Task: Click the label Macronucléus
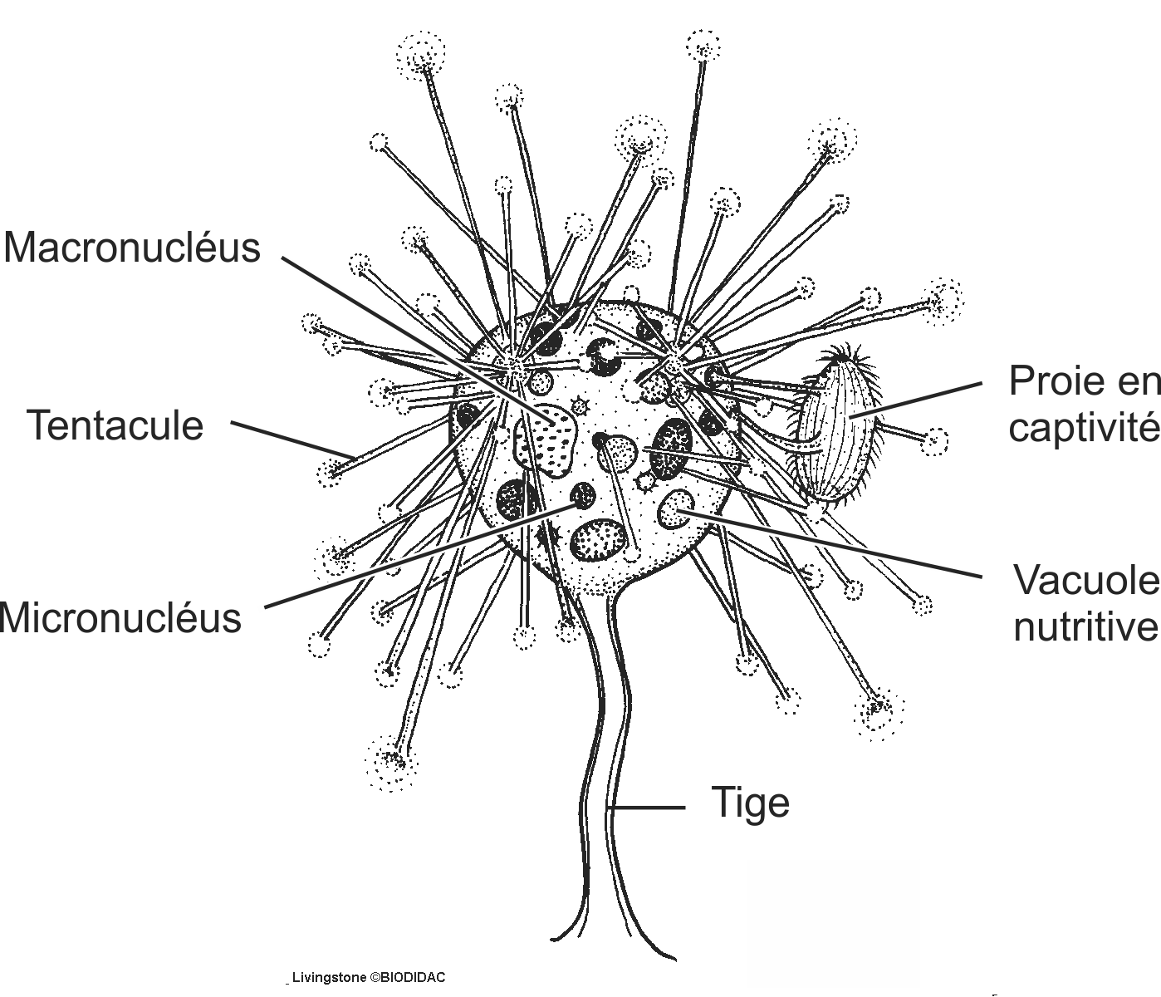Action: pyautogui.click(x=131, y=248)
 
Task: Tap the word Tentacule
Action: pyautogui.click(x=115, y=425)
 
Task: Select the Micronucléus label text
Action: pyautogui.click(x=120, y=618)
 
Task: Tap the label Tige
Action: pyautogui.click(x=751, y=803)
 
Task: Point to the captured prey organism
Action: pyautogui.click(x=836, y=432)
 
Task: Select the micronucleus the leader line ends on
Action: pyautogui.click(x=583, y=496)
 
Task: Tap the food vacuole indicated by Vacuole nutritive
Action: pyautogui.click(x=678, y=508)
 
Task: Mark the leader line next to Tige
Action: pyautogui.click(x=648, y=807)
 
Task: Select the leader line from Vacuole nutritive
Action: pyautogui.click(x=830, y=544)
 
